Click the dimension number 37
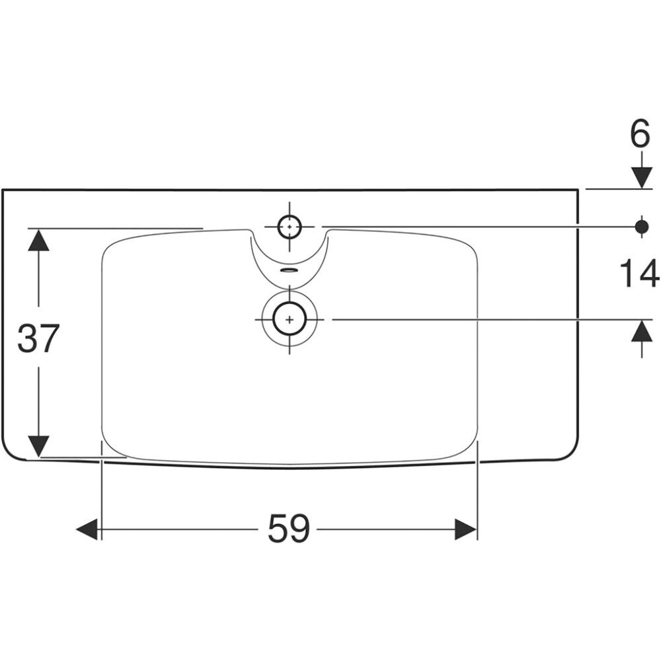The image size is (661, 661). (37, 338)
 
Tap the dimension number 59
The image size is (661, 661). (289, 528)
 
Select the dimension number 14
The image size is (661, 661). (639, 274)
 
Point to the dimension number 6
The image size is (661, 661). (640, 134)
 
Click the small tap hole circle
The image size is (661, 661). (290, 227)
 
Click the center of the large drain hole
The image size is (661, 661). (290, 319)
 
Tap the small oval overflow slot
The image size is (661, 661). (290, 270)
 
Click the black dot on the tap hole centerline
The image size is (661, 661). (642, 227)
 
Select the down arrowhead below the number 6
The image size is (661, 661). (642, 178)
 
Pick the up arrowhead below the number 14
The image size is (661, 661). (642, 330)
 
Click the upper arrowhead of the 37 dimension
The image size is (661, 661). (39, 239)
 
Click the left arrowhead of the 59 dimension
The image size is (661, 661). (87, 529)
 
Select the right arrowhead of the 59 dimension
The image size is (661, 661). (466, 529)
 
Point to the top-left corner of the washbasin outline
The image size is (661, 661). (3, 190)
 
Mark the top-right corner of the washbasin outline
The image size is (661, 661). (578, 190)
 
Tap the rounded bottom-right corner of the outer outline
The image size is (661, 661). (572, 453)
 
